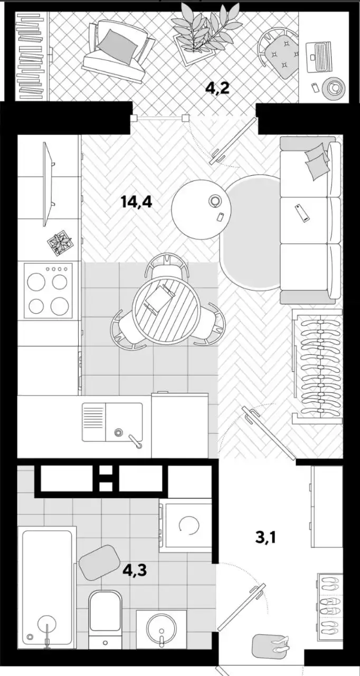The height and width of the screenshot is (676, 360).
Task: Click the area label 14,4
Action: coord(136,202)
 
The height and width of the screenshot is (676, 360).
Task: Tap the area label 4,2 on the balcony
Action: coord(217,88)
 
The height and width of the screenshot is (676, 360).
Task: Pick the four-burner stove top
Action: coord(48,290)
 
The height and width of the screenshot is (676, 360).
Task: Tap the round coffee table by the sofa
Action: coord(202,209)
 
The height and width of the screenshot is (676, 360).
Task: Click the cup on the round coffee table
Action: coord(215,200)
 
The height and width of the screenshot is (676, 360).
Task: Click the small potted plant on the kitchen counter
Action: coord(60,243)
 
